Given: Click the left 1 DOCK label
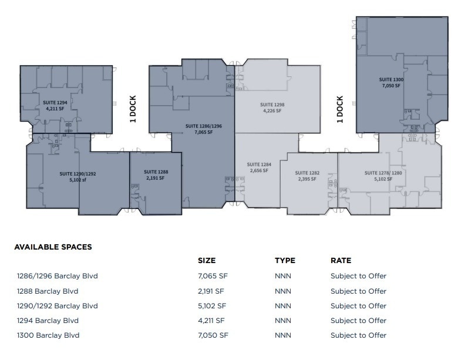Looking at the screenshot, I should (x=133, y=109).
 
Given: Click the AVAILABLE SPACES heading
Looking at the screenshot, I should (x=53, y=247).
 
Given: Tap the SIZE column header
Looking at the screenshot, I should (x=207, y=260).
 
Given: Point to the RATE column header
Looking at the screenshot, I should (x=341, y=260).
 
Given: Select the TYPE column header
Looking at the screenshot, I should (x=285, y=260).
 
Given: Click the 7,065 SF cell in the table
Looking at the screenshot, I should (x=212, y=276).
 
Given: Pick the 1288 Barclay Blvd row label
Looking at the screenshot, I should (x=48, y=291).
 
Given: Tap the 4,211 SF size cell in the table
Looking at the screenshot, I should (x=212, y=321).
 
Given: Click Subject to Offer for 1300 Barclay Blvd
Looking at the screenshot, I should (x=358, y=335).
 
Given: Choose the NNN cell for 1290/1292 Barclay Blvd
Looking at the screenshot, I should (x=283, y=306).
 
